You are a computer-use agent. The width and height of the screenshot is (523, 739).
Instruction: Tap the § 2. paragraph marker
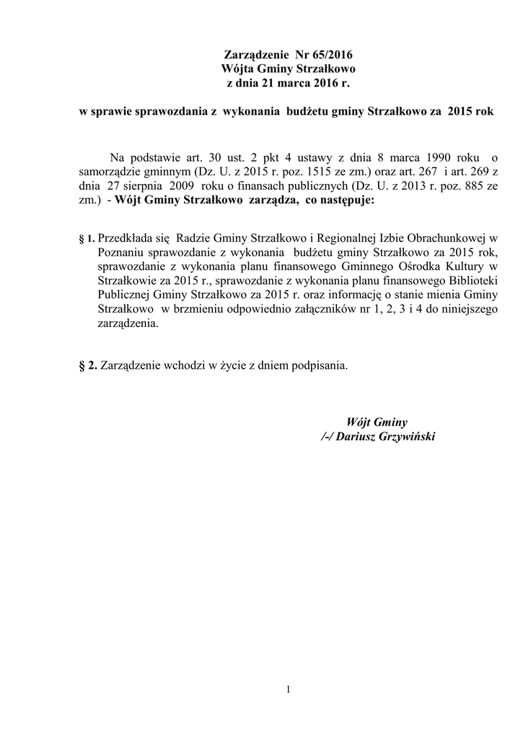(x=87, y=365)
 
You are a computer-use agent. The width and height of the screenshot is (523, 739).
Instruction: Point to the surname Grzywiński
(x=408, y=437)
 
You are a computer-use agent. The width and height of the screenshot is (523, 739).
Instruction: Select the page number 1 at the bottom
(x=288, y=689)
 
